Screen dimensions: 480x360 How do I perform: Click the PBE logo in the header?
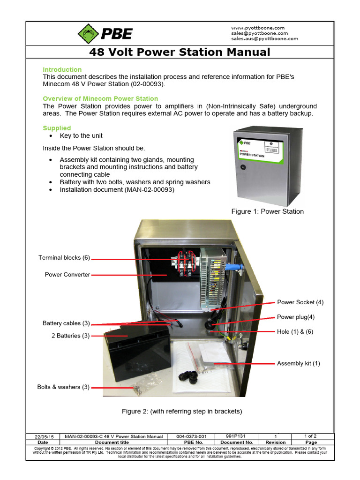105,33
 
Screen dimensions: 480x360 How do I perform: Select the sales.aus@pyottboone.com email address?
264,39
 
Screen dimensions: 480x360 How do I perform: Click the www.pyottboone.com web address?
258,28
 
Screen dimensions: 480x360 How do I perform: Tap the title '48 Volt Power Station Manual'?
180,52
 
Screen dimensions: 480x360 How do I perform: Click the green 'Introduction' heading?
62,69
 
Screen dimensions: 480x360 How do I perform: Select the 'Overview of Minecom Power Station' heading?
100,98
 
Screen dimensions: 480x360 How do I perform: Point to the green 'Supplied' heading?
57,128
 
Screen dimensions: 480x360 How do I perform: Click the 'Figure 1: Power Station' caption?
267,211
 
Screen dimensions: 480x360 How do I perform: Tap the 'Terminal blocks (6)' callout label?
64,258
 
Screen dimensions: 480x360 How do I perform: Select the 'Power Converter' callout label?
67,275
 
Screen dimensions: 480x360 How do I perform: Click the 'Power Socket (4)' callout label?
300,302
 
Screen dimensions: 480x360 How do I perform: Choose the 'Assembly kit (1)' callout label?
299,364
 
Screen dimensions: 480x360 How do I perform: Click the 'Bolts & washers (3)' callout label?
63,387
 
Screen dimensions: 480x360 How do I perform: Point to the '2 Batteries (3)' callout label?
70,336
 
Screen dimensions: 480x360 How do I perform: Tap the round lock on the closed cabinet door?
243,167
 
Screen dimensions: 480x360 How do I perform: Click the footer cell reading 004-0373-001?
191,436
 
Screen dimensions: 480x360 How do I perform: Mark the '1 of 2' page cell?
311,436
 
